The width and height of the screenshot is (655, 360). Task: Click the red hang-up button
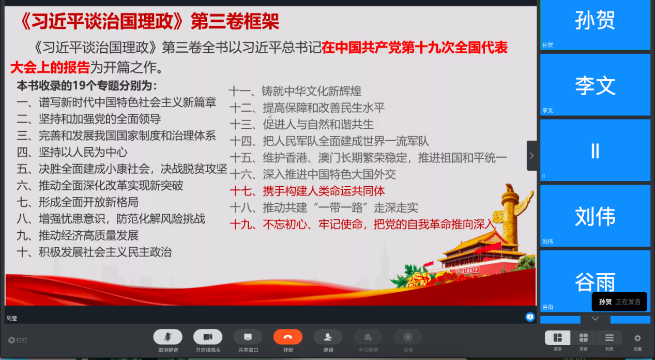tap(288, 337)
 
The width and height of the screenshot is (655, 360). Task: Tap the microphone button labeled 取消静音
tap(168, 337)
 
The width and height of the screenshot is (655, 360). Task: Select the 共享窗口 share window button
tap(248, 337)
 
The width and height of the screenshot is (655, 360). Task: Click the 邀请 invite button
tap(328, 337)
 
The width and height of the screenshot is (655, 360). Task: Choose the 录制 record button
tap(408, 337)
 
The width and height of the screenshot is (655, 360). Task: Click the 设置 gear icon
tap(637, 338)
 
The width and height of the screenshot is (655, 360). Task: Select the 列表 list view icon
tap(610, 338)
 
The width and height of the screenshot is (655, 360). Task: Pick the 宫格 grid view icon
tap(583, 338)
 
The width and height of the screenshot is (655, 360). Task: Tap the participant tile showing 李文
tap(595, 85)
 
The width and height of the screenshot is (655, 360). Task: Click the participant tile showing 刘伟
tap(595, 216)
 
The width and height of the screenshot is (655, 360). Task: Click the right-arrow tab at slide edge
tap(531, 156)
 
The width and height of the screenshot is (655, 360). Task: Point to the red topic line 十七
tap(307, 191)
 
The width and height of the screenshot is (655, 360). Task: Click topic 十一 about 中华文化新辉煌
tap(295, 91)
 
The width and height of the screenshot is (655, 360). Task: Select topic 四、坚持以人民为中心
tap(72, 152)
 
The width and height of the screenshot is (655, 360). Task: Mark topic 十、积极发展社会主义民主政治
tap(94, 252)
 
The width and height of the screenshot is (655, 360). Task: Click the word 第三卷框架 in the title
tap(235, 21)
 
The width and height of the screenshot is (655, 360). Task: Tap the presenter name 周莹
tap(12, 319)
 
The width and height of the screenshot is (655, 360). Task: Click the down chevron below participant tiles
tap(596, 319)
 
